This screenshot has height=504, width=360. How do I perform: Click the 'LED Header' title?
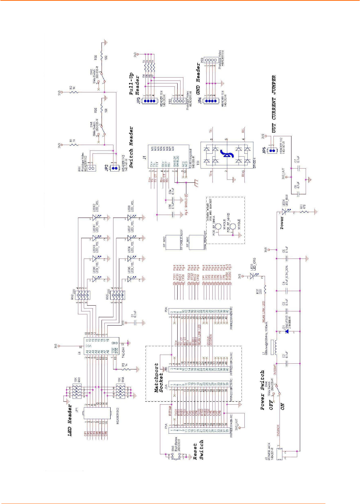tap(70, 421)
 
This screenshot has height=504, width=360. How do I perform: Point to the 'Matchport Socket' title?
tap(159, 377)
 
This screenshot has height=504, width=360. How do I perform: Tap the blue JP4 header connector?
tap(208, 100)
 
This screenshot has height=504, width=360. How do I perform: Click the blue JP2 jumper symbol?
tap(115, 168)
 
